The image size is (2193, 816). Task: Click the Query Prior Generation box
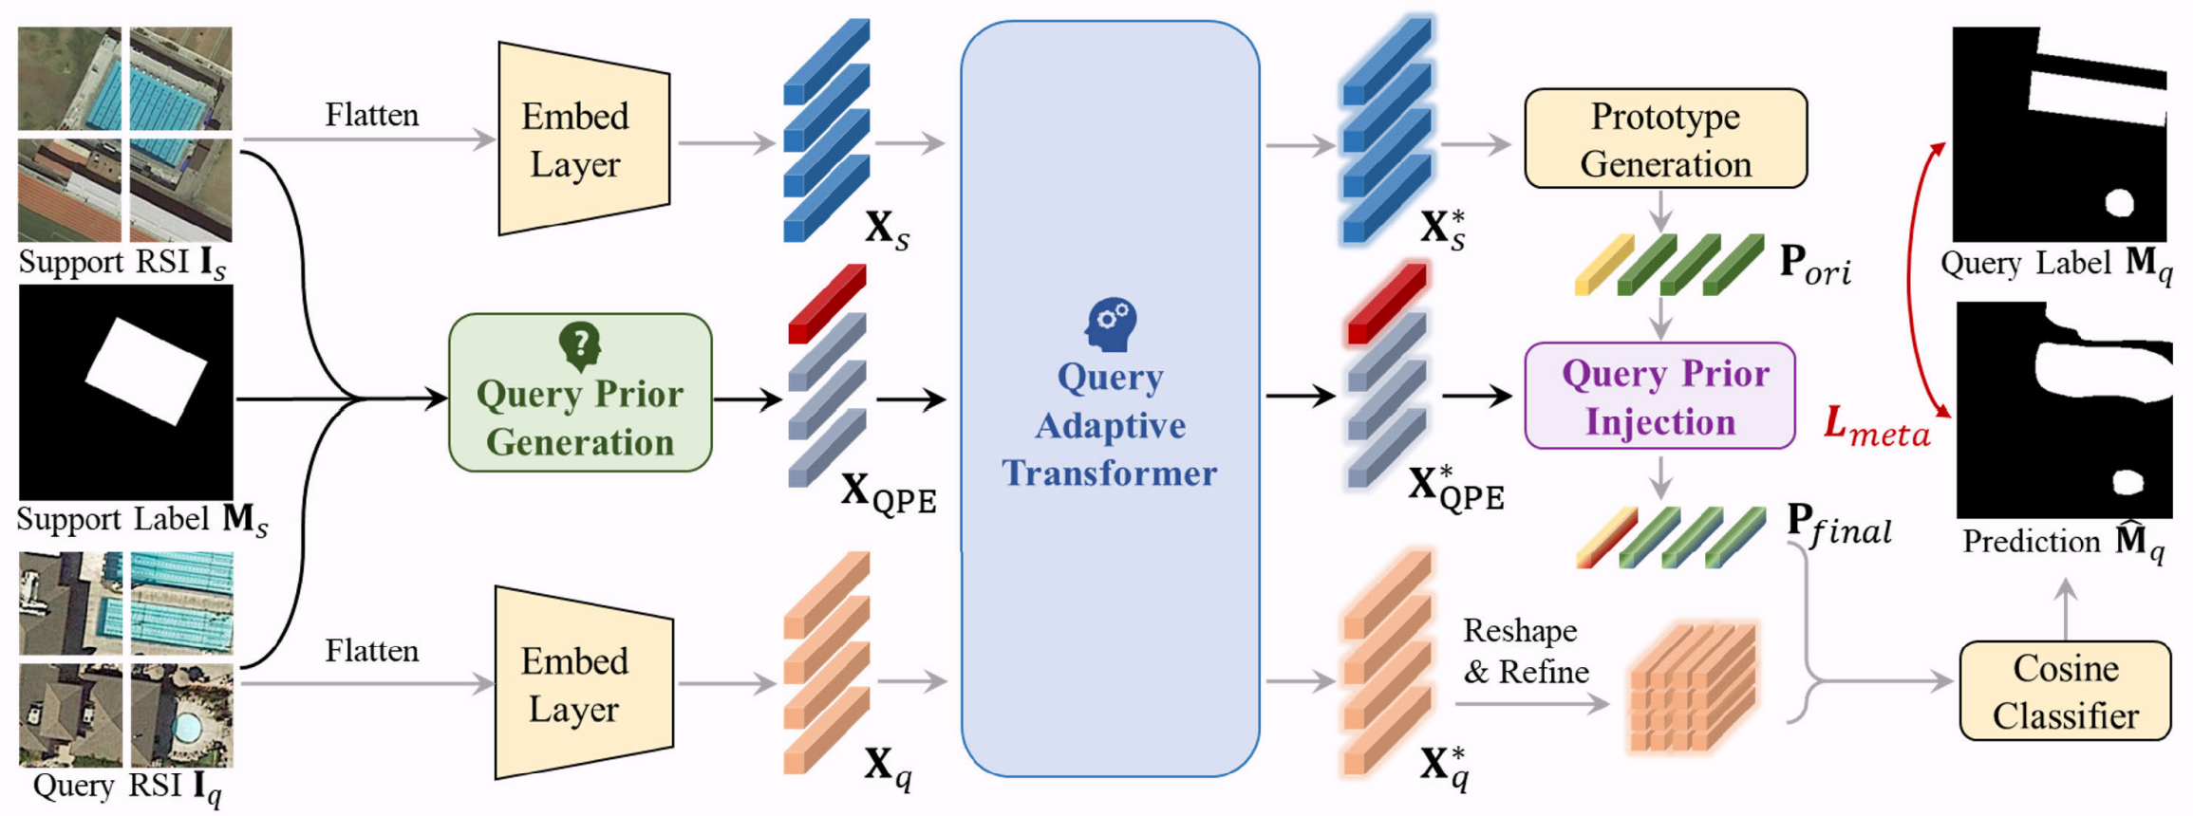click(580, 393)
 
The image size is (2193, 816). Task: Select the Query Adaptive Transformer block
click(1109, 399)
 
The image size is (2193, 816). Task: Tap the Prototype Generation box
click(1665, 139)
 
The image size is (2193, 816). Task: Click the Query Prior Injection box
click(1659, 396)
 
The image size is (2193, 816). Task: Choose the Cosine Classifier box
click(2065, 691)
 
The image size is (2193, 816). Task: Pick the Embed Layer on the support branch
click(581, 139)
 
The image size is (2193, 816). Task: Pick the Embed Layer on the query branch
click(581, 683)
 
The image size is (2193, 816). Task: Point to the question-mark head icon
click(580, 344)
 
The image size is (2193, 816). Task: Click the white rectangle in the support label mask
click(146, 371)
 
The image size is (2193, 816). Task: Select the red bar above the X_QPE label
click(827, 303)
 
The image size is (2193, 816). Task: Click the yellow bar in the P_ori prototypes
click(1603, 265)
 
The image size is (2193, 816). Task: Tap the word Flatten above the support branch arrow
click(371, 115)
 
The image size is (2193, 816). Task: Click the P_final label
click(1838, 524)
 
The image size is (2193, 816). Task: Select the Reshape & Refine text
click(1525, 651)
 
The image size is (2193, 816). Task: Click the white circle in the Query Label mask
click(2120, 201)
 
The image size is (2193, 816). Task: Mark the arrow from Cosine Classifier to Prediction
click(2066, 607)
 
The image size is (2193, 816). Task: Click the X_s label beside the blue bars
click(887, 229)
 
